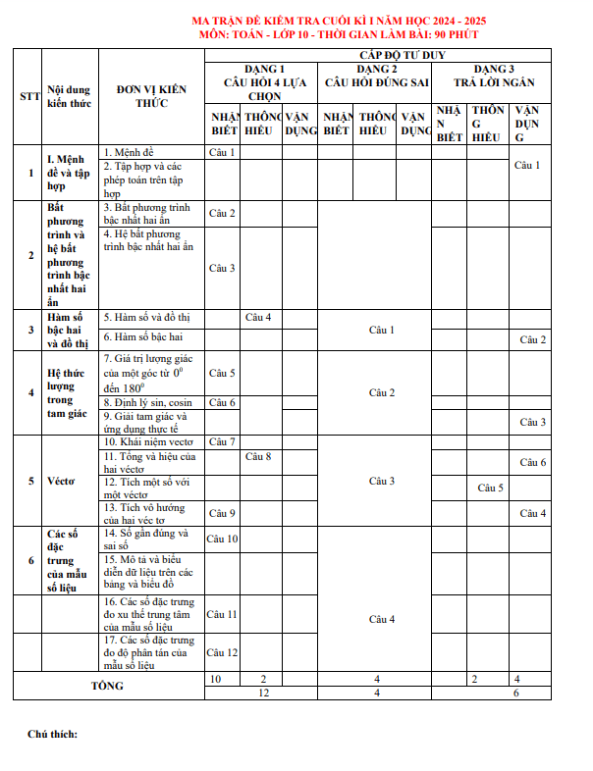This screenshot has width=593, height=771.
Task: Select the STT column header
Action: (29, 96)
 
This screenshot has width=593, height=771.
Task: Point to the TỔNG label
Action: (108, 685)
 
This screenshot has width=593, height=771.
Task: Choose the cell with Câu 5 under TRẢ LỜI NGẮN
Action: (490, 488)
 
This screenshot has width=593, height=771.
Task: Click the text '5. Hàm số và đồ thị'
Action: (147, 318)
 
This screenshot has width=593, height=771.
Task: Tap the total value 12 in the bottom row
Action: (262, 693)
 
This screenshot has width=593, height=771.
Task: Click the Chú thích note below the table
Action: (52, 734)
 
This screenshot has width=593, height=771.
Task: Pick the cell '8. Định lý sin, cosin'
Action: (148, 402)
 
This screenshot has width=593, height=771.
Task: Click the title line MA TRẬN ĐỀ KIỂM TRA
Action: (351, 21)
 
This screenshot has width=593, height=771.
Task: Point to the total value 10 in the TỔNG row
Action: (215, 679)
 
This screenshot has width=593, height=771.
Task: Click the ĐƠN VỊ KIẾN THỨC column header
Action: (150, 96)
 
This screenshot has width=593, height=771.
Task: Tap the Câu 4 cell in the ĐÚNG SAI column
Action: (381, 619)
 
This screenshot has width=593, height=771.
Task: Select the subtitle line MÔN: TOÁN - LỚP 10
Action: (351, 33)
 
